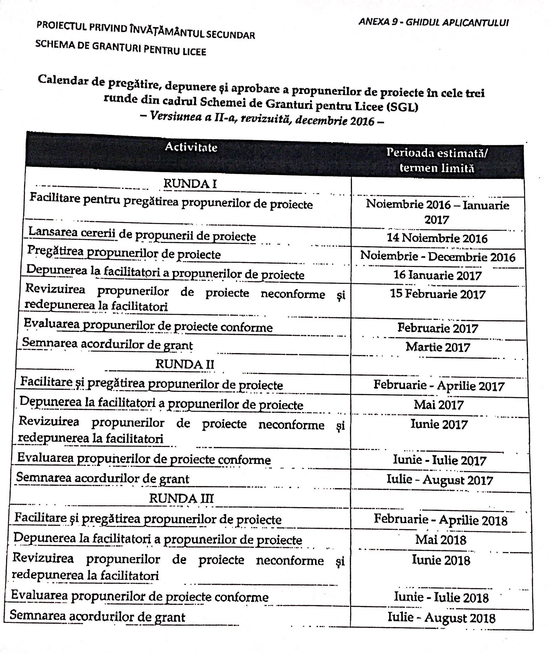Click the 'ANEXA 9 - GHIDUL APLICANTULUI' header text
click(x=433, y=22)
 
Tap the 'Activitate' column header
click(x=191, y=147)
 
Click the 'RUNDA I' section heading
click(x=190, y=184)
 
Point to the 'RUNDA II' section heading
click(x=185, y=364)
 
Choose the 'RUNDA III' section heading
click(x=181, y=498)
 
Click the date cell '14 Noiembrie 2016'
click(x=437, y=238)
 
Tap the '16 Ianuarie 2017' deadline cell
click(x=437, y=275)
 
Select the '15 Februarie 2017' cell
click(x=437, y=294)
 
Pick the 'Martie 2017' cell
click(x=438, y=347)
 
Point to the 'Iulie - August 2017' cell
click(x=440, y=480)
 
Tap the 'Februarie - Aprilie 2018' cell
click(x=440, y=520)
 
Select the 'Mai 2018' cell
click(x=441, y=540)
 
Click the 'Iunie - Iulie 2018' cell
click(x=441, y=597)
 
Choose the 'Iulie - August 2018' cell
click(x=441, y=618)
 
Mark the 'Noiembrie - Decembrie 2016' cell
click(x=437, y=257)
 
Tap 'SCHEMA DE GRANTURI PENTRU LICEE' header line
click(x=121, y=47)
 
